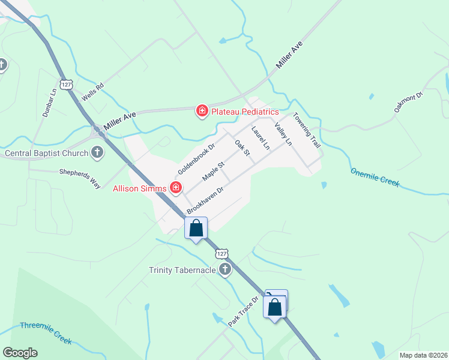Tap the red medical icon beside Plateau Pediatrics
(202, 111)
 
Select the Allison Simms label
(140, 188)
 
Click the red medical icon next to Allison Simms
(176, 188)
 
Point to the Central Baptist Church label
(46, 153)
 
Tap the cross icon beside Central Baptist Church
(97, 152)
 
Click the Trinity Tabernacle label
(182, 270)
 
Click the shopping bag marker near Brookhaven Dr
(196, 229)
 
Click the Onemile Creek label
(375, 178)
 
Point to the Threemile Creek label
(46, 333)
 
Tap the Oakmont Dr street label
(409, 101)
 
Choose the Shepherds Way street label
(79, 178)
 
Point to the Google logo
(20, 353)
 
